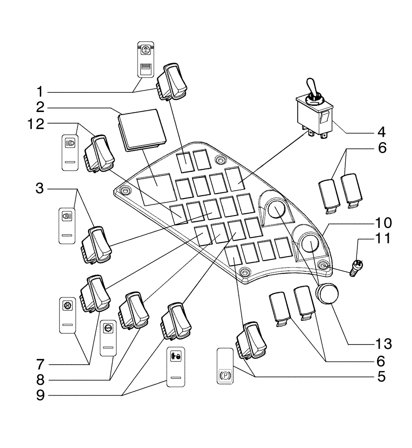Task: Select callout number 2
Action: [x=40, y=108]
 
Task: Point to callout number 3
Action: [x=40, y=189]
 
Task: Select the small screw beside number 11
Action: [x=357, y=269]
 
